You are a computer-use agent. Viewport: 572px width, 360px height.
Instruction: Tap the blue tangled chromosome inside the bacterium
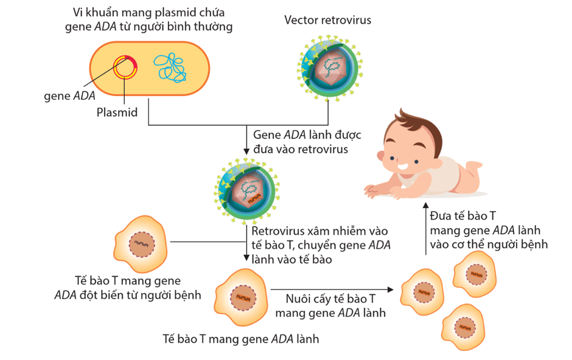click(170, 67)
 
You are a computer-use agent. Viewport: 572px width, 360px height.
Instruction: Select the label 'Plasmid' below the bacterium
click(117, 112)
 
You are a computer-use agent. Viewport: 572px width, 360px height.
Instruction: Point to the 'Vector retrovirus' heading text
click(327, 20)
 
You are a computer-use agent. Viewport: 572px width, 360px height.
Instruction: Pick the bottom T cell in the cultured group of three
click(465, 325)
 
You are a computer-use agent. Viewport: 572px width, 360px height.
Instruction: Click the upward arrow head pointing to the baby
click(425, 206)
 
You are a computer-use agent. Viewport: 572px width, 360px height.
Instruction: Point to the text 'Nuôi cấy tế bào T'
click(330, 300)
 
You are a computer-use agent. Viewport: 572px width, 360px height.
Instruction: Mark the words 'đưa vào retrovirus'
click(301, 148)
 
